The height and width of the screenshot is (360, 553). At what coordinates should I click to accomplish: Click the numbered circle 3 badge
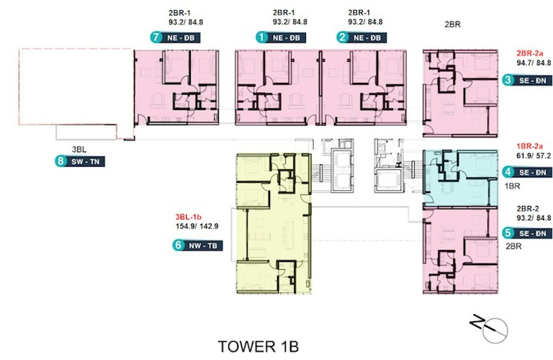click(x=508, y=81)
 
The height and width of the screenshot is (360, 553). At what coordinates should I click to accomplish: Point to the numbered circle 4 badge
click(x=508, y=172)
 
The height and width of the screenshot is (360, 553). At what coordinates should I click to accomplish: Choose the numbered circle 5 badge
click(x=508, y=233)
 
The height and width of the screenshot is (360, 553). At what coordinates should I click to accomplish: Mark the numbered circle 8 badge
click(x=60, y=162)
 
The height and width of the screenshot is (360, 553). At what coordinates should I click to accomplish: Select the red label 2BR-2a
click(x=531, y=54)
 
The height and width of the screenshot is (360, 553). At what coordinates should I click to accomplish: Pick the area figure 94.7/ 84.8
click(x=531, y=64)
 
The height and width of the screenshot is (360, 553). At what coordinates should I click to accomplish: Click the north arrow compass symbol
click(x=482, y=325)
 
